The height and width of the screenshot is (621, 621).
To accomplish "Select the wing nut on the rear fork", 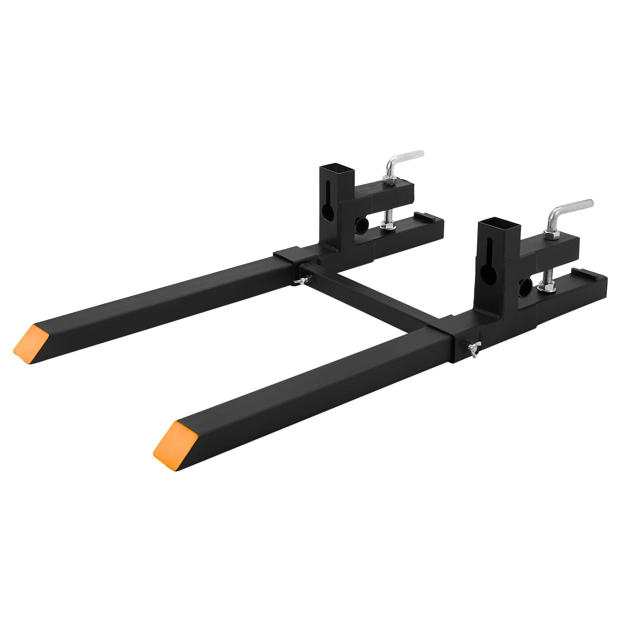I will point(300,280).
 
